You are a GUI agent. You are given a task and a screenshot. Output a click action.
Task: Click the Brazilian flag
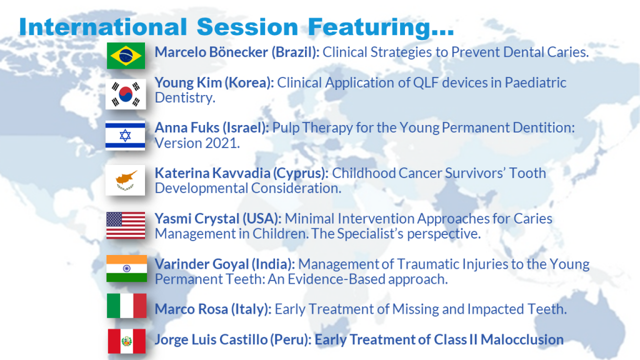click(x=126, y=56)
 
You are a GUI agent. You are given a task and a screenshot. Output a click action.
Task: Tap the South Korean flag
click(x=126, y=94)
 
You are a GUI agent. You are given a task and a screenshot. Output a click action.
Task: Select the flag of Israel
click(x=125, y=136)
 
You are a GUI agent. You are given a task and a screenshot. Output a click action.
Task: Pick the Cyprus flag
click(x=125, y=181)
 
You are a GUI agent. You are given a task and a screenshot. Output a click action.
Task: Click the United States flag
click(x=126, y=225)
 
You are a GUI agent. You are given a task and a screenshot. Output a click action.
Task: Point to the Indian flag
click(x=126, y=269)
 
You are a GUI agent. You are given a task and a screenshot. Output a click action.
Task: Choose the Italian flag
click(x=126, y=306)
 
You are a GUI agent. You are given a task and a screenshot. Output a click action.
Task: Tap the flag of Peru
click(x=126, y=341)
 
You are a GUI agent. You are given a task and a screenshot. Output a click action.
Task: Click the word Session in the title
click(x=247, y=27)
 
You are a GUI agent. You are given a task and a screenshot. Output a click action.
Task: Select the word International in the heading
click(x=103, y=27)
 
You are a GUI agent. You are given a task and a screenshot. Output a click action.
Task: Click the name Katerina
click(x=182, y=173)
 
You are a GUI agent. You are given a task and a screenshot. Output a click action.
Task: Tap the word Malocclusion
click(x=522, y=339)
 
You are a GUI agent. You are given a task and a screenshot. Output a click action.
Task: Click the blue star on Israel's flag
click(x=125, y=136)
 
